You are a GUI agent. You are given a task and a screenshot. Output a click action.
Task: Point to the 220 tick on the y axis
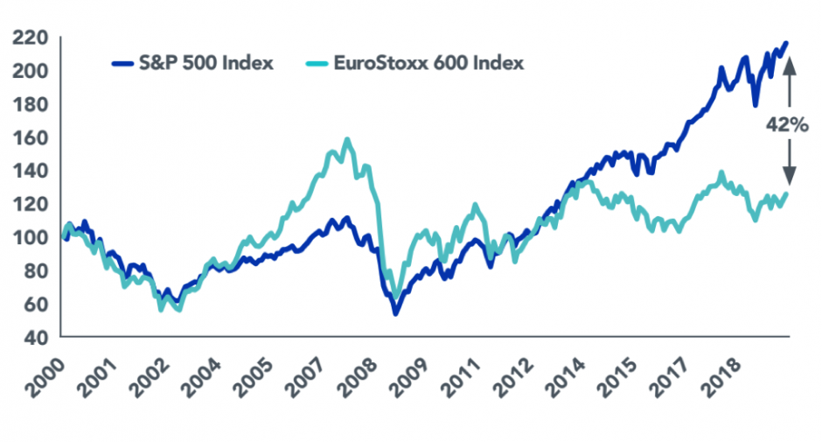[30, 37]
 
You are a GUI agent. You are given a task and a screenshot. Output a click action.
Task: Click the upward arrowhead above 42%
[790, 60]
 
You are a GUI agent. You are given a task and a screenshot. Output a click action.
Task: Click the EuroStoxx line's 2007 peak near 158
[347, 139]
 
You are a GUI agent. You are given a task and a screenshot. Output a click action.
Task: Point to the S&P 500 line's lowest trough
[396, 312]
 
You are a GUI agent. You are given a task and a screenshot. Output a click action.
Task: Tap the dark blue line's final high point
[785, 42]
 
